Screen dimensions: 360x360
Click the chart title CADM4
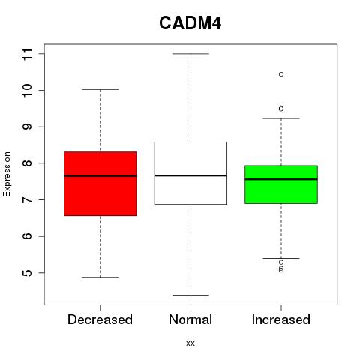click(190, 23)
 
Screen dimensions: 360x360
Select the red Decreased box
click(100, 184)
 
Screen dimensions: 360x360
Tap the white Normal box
click(190, 173)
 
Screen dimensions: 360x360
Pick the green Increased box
click(281, 184)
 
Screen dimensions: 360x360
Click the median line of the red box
click(100, 176)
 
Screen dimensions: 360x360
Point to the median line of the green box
click(281, 179)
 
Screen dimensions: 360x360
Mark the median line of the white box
click(190, 175)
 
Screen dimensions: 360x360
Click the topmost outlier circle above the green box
click(281, 74)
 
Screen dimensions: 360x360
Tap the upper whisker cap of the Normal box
click(190, 54)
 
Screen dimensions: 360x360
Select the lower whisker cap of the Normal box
click(190, 295)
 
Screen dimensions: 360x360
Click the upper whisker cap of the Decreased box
click(100, 89)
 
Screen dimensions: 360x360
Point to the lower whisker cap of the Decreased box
click(100, 277)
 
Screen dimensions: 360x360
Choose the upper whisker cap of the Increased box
click(281, 118)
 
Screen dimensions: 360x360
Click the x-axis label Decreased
click(100, 319)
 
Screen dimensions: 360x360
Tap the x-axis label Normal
click(190, 319)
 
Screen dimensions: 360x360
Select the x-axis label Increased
click(281, 319)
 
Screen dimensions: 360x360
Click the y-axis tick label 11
click(27, 54)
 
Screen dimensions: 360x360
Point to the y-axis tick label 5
click(27, 273)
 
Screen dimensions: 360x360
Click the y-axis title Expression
click(7, 174)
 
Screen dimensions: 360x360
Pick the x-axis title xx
click(190, 343)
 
